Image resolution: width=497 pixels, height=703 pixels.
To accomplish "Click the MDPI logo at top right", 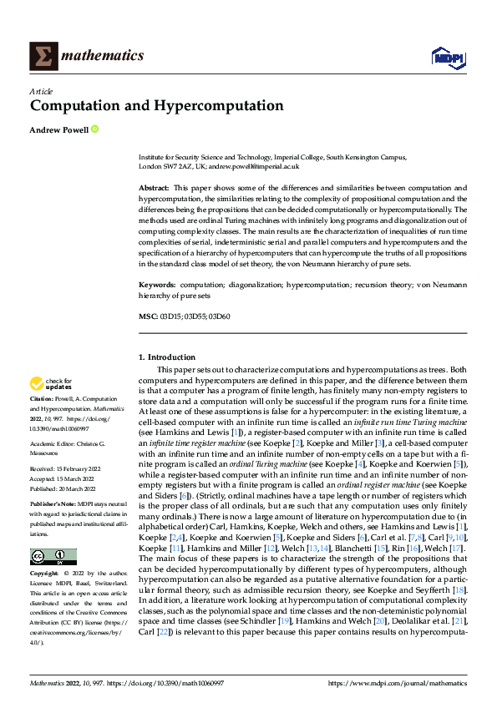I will (447, 56).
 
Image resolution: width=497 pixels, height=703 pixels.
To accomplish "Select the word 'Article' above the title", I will (41, 91).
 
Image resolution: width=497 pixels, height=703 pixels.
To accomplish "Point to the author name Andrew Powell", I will (58, 129).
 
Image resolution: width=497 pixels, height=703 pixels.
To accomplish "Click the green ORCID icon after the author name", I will (94, 129).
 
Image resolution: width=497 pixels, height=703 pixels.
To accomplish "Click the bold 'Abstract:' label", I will (156, 189).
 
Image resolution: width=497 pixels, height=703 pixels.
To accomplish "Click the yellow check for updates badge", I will (50, 384).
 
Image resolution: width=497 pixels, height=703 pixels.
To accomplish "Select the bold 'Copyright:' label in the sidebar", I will (45, 574).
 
